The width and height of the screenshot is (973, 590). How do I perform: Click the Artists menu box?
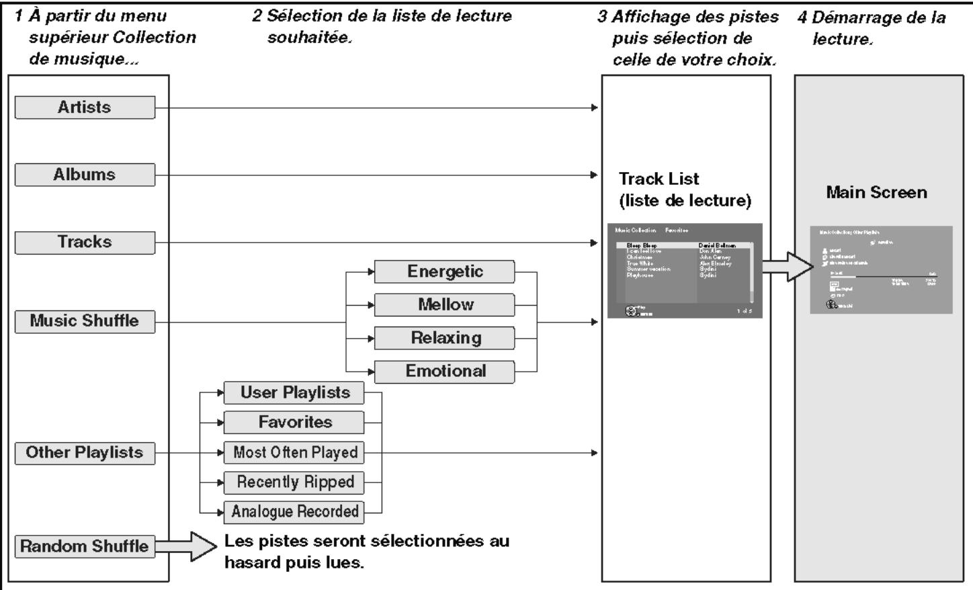pos(85,108)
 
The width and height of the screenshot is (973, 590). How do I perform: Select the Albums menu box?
pos(85,175)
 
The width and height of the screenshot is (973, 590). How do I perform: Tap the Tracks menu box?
pos(85,242)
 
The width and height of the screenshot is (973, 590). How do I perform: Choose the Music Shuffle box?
pos(85,321)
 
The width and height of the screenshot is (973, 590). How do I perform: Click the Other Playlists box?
pos(85,453)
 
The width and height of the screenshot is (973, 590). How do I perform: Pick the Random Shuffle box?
pos(85,546)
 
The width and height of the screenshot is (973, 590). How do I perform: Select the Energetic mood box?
pos(444,271)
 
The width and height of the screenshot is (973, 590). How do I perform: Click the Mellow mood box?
pos(444,304)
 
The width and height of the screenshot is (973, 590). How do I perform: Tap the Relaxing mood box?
pos(444,338)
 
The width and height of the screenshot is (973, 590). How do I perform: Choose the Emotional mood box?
pos(444,371)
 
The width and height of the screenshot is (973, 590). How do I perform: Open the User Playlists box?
pos(294,392)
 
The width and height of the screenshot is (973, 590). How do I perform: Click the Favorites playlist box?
pos(294,423)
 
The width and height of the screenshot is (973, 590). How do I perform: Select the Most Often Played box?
pos(294,453)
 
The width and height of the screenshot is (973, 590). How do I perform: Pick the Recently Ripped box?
pos(294,482)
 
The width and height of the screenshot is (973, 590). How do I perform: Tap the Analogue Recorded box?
pos(294,512)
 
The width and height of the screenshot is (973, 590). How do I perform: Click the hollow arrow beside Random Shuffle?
pos(188,546)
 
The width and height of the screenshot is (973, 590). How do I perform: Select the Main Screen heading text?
pos(876,193)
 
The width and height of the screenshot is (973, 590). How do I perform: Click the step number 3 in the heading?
pos(602,17)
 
